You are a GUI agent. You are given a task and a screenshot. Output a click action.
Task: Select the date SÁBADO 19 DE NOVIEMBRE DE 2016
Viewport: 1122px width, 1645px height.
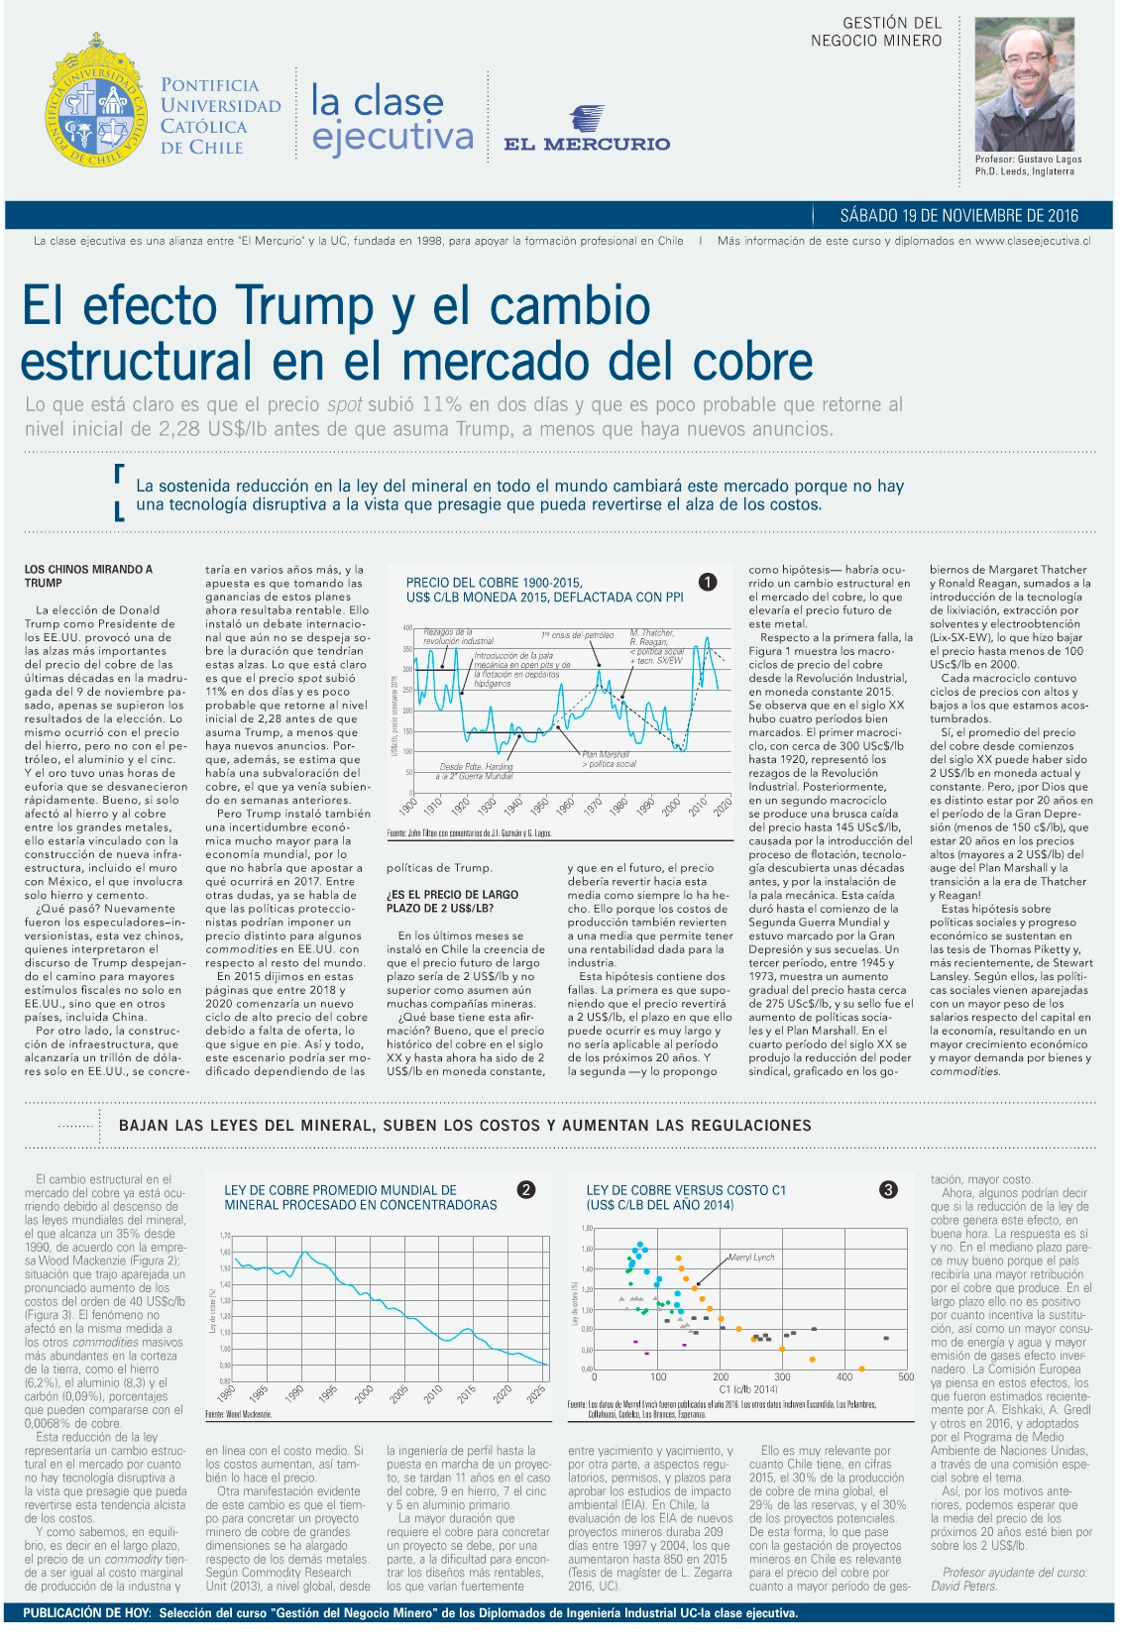click(958, 216)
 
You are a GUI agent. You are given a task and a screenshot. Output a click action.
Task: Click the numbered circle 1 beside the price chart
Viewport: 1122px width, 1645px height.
click(708, 583)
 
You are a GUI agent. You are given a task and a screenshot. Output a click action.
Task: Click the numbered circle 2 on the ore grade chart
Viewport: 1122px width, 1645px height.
click(526, 1189)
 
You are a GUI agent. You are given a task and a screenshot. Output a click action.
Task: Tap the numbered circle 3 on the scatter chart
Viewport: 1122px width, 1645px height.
click(888, 1189)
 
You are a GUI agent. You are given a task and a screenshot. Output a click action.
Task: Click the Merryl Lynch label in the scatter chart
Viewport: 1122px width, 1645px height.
click(751, 1257)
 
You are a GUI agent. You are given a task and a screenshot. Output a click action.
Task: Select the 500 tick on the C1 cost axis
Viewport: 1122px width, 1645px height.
click(905, 1377)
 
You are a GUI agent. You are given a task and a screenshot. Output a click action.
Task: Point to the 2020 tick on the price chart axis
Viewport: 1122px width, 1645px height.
click(722, 806)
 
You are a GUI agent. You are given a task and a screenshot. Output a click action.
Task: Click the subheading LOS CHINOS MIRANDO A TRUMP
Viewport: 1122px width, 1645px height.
click(88, 576)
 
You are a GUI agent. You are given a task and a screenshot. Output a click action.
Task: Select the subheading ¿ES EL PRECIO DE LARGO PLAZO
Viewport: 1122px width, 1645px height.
click(452, 901)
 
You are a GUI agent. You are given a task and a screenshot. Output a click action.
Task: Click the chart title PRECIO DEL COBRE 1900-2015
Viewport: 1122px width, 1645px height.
click(495, 583)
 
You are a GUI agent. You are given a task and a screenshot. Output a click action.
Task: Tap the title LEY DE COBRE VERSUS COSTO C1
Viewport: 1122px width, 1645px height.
click(686, 1190)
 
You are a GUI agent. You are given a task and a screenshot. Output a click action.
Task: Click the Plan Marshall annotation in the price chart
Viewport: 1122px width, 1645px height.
click(606, 755)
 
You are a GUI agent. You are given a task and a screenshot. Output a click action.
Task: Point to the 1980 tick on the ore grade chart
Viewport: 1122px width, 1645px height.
click(227, 1394)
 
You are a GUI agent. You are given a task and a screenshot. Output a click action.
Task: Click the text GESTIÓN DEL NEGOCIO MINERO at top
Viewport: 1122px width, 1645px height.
click(876, 32)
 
